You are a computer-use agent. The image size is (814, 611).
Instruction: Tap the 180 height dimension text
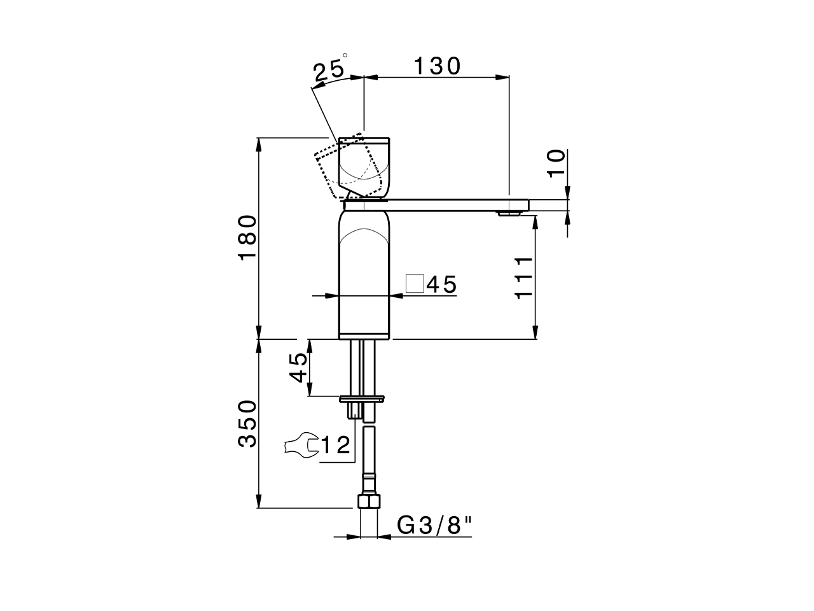click(247, 237)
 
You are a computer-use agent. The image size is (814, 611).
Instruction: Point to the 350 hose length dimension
click(247, 423)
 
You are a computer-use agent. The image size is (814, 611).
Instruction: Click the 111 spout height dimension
click(523, 277)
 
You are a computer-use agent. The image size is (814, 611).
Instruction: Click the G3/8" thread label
click(436, 526)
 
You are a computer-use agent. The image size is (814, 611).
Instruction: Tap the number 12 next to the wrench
click(336, 445)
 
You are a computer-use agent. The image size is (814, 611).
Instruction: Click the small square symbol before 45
click(415, 283)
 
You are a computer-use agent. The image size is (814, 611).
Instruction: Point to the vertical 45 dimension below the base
click(299, 368)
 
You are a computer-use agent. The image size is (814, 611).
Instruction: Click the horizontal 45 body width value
click(442, 284)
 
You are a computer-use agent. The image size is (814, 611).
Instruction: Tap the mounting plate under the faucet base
click(363, 400)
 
